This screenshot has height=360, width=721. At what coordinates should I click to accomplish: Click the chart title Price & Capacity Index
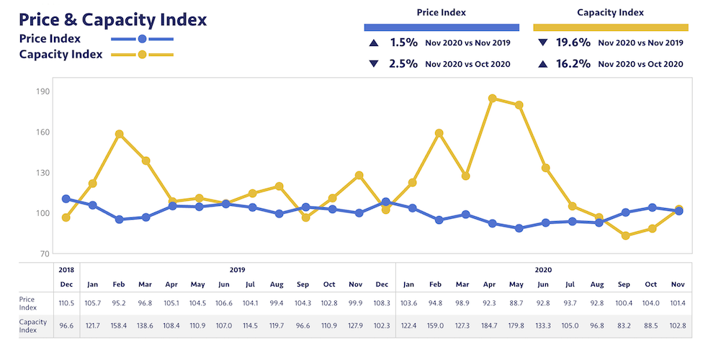coord(112,19)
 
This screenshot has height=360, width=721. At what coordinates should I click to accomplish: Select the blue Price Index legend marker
coord(142,39)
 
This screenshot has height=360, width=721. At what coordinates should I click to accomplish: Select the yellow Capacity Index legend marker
coord(142,55)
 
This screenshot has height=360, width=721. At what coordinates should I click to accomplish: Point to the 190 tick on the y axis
coord(42,91)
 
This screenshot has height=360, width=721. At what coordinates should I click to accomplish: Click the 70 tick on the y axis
coord(44,253)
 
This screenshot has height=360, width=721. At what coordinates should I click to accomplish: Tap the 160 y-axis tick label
coord(42,132)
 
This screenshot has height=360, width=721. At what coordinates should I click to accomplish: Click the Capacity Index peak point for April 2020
coord(492,99)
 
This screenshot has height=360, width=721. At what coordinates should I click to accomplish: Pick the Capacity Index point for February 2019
coord(120,134)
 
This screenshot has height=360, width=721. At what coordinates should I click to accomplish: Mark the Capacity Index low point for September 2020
coord(626,235)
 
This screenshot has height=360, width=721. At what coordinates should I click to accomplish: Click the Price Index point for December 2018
coord(66,199)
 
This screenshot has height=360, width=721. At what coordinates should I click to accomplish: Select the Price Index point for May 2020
coord(519,228)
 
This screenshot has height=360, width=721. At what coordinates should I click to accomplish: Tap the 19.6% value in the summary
coord(574,42)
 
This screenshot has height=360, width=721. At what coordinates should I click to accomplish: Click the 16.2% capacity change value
coord(574,63)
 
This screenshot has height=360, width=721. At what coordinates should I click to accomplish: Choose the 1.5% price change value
coord(403,42)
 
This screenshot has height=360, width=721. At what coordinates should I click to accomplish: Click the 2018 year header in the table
coord(66,269)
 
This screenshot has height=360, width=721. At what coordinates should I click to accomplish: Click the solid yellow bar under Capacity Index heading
coord(611,27)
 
